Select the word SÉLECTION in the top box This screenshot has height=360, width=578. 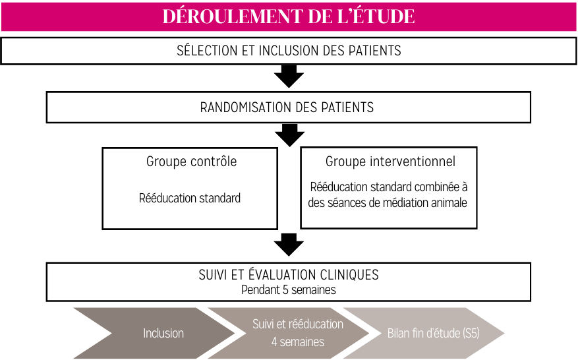click(207, 51)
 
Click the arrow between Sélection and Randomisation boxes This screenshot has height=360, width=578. click(289, 76)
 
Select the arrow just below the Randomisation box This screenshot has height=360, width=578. click(290, 135)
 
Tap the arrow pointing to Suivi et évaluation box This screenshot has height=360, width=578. click(289, 245)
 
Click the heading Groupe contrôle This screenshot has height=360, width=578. click(191, 162)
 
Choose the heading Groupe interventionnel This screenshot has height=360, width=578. click(390, 162)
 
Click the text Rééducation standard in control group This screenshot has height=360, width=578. click(190, 198)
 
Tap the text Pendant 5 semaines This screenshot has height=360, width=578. click(289, 290)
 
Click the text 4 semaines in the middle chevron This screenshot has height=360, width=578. click(298, 342)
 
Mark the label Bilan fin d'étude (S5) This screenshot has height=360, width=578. click(433, 333)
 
